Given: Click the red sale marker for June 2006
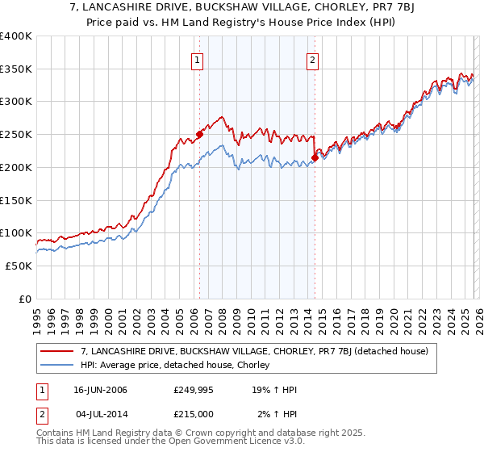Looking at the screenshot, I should pyautogui.click(x=199, y=135).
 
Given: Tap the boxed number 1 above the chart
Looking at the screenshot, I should pyautogui.click(x=198, y=58).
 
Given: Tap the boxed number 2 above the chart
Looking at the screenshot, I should pyautogui.click(x=312, y=58).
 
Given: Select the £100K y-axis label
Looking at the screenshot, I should pyautogui.click(x=15, y=233).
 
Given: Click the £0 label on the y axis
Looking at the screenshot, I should pyautogui.click(x=24, y=299).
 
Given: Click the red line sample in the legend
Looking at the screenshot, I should pyautogui.click(x=57, y=351).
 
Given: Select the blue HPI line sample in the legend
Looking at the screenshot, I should pyautogui.click(x=57, y=366).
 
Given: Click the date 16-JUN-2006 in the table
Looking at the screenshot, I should pyautogui.click(x=100, y=390).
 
